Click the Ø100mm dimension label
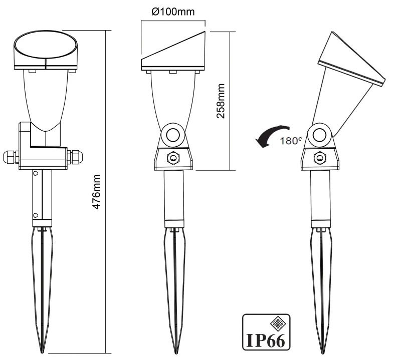point(173,12)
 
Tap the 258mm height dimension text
point(221,101)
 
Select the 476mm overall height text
point(96,192)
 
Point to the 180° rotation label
point(291,141)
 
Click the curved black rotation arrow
point(273,134)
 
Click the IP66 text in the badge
point(266,340)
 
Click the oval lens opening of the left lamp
point(46,45)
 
